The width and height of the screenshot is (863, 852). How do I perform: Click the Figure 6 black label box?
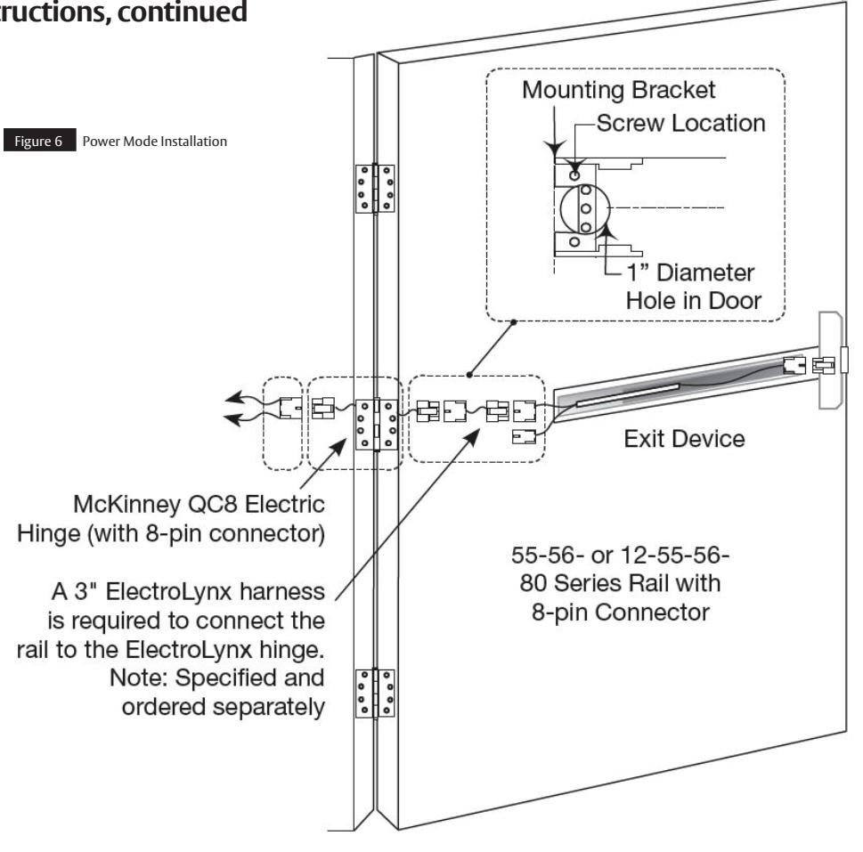pos(39,141)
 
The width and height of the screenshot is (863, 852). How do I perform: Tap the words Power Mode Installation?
pos(155,142)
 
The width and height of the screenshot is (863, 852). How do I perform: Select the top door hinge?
pos(375,189)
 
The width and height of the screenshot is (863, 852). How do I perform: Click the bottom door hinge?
pos(375,693)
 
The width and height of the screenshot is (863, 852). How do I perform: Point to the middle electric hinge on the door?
pos(377,425)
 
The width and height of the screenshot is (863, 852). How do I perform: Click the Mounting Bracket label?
pos(619,90)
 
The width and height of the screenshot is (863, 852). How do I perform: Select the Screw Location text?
pos(680,123)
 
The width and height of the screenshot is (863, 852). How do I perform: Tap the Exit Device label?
pos(684,439)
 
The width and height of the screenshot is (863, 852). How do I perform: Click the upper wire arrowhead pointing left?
pos(234,397)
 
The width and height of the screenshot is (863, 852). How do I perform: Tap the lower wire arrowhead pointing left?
pos(232,419)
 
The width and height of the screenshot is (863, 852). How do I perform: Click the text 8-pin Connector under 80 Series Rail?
pos(621,613)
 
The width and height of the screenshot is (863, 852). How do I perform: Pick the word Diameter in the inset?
pos(705,272)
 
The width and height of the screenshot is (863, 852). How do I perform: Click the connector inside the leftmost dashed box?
pos(290,408)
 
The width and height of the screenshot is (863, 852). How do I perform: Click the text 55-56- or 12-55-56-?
pos(620,556)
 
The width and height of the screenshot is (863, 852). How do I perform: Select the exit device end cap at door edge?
pos(831,361)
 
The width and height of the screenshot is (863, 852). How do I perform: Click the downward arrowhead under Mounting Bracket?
pos(555,150)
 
